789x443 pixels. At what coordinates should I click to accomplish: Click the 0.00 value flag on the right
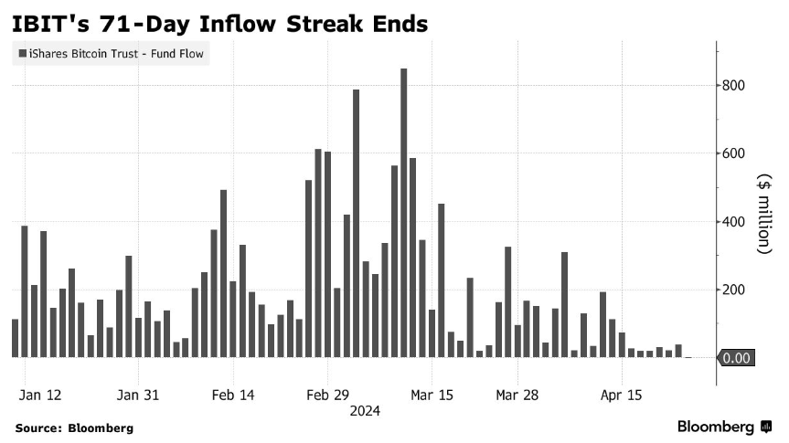[x=736, y=358]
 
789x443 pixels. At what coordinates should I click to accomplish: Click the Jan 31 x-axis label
[x=138, y=395]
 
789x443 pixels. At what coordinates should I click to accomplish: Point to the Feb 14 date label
[x=233, y=395]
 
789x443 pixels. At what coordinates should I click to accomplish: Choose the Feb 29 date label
[x=328, y=395]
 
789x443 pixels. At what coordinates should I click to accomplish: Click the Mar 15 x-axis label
[x=432, y=395]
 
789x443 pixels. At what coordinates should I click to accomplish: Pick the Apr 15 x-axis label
[x=622, y=395]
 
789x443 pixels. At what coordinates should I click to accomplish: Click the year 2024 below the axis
[x=366, y=412]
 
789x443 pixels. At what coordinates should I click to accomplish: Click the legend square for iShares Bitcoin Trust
[x=21, y=55]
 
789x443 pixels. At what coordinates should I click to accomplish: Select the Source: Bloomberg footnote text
[x=74, y=427]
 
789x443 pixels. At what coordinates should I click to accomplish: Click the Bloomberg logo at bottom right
[x=722, y=427]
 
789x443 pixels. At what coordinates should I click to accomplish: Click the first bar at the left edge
[x=15, y=338]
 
